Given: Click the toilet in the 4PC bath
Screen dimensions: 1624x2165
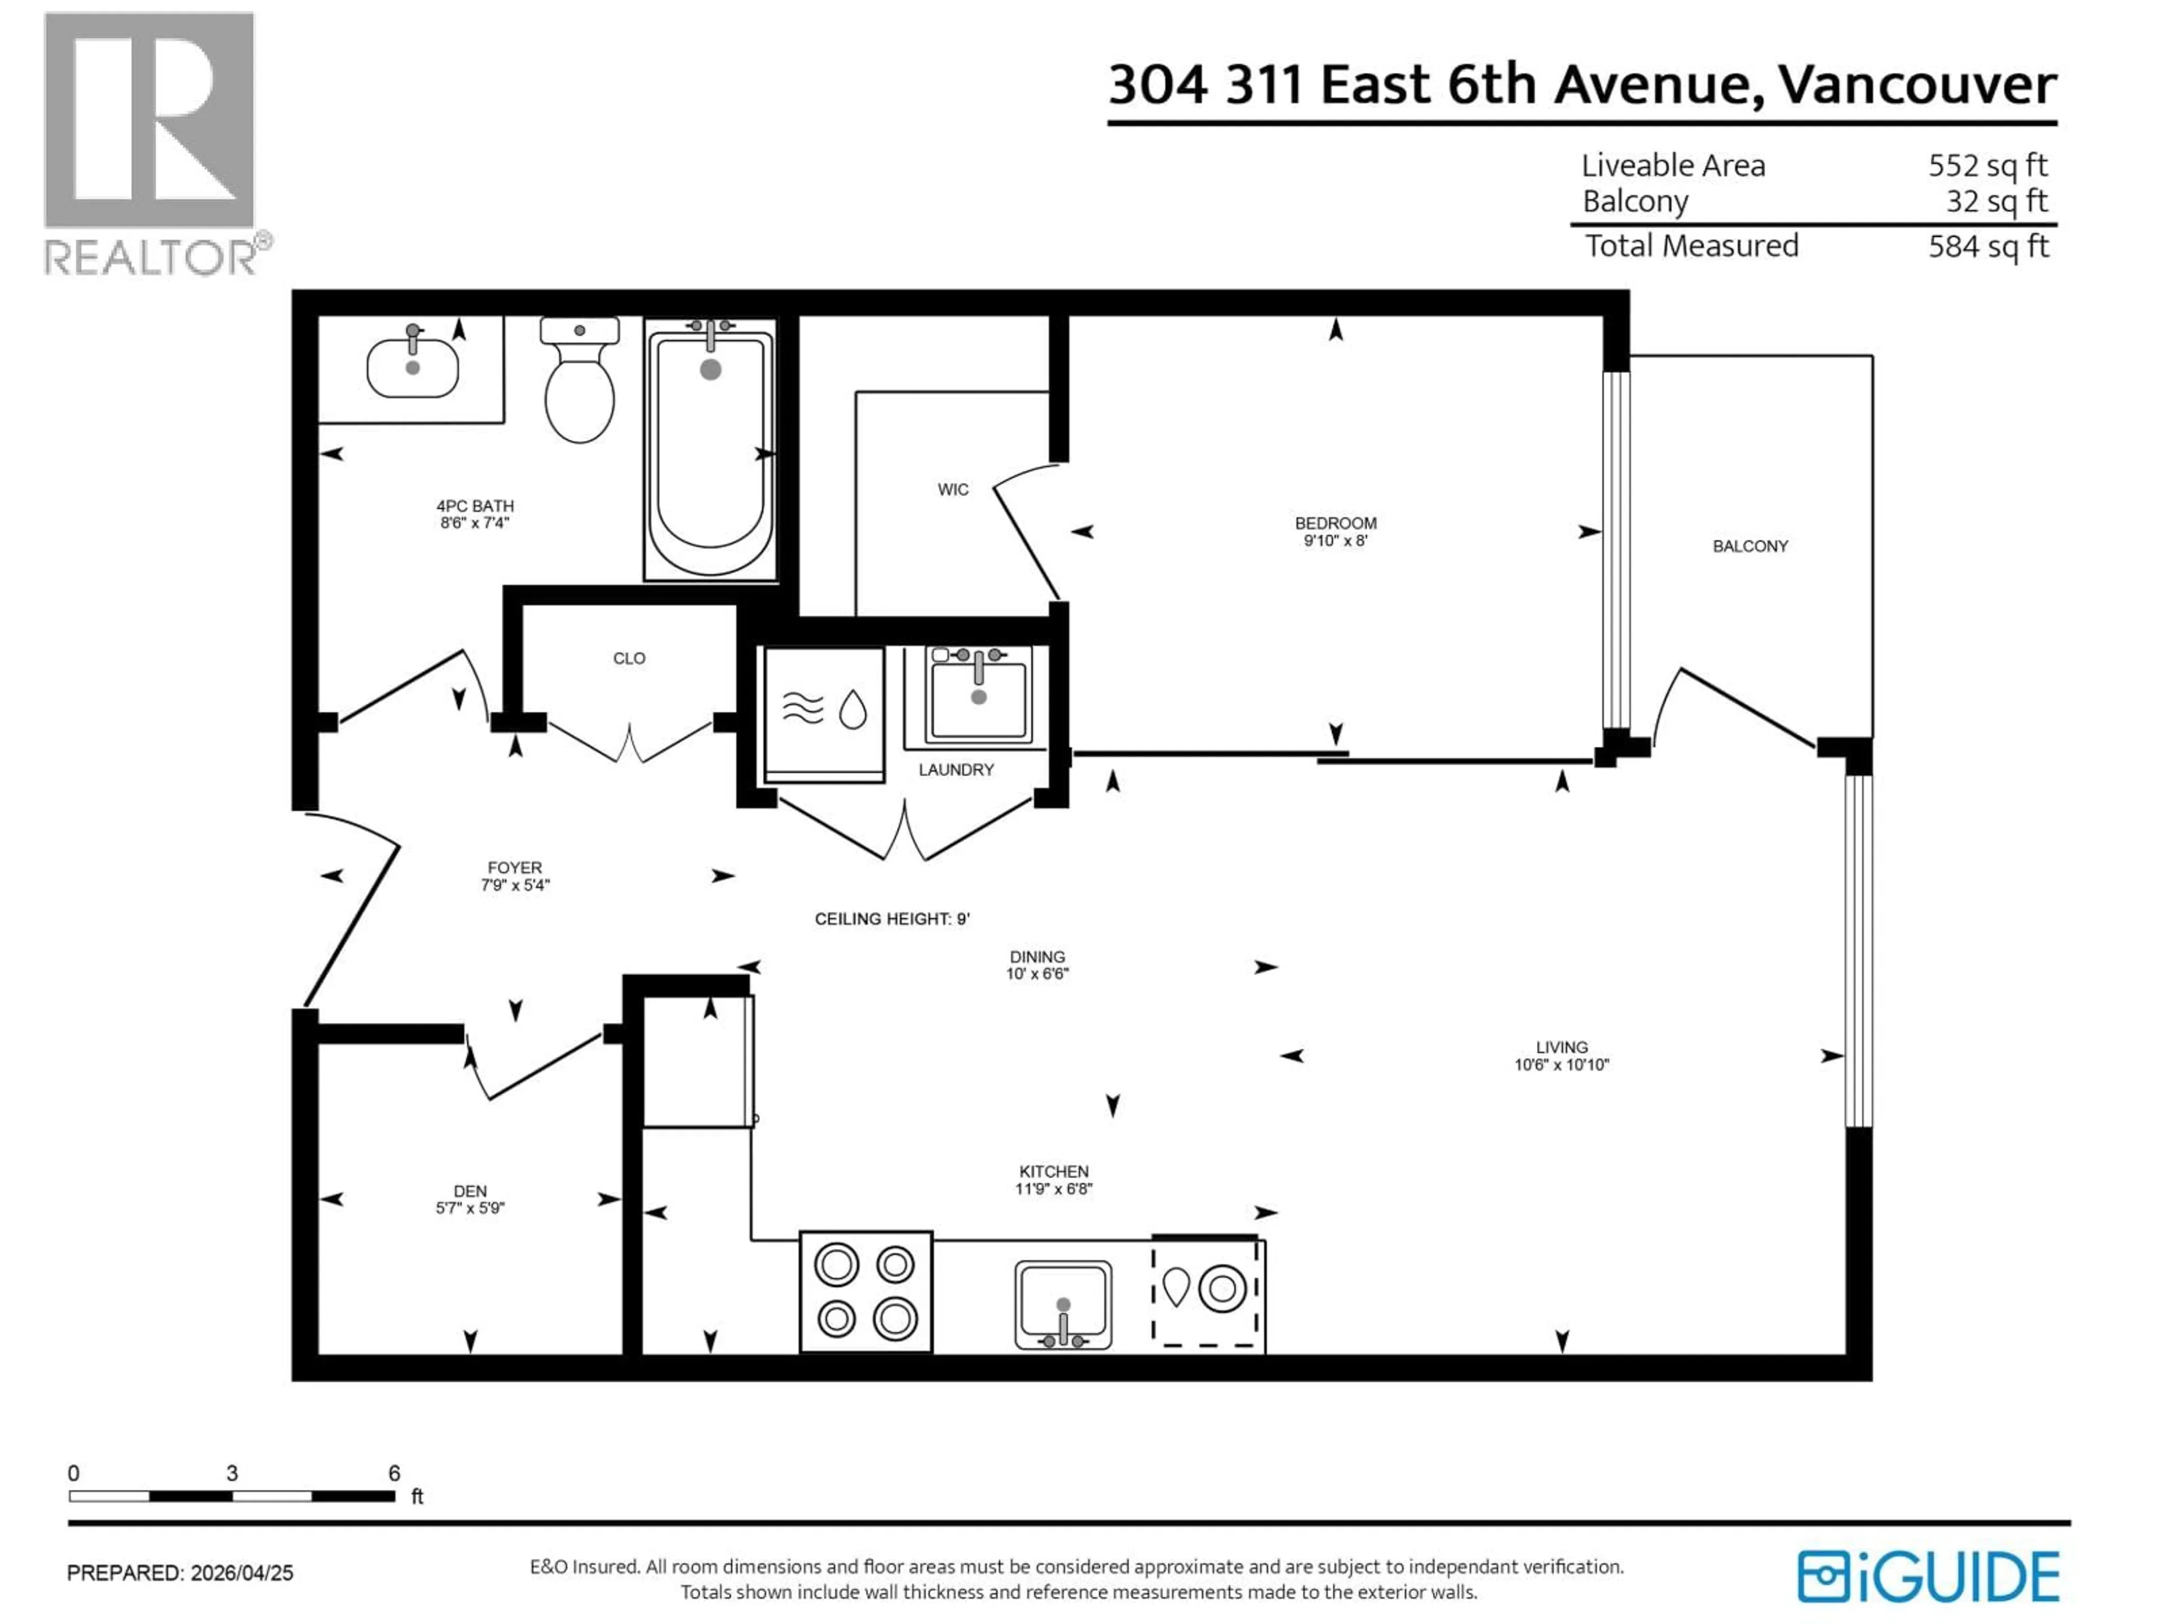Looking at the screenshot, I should pyautogui.click(x=580, y=387).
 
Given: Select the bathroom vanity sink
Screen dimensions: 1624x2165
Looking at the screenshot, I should pyautogui.click(x=412, y=368).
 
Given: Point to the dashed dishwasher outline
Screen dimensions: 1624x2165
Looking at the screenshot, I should pyautogui.click(x=1205, y=1292).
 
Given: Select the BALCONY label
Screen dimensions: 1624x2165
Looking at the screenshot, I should pyautogui.click(x=1750, y=546).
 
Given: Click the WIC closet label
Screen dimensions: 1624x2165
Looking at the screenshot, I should pyautogui.click(x=952, y=489).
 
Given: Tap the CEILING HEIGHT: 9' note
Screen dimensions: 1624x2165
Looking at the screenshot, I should pyautogui.click(x=891, y=919).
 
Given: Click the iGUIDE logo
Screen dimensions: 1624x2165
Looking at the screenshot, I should pyautogui.click(x=1928, y=1577).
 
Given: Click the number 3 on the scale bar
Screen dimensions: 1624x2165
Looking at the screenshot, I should pyautogui.click(x=232, y=1473).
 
